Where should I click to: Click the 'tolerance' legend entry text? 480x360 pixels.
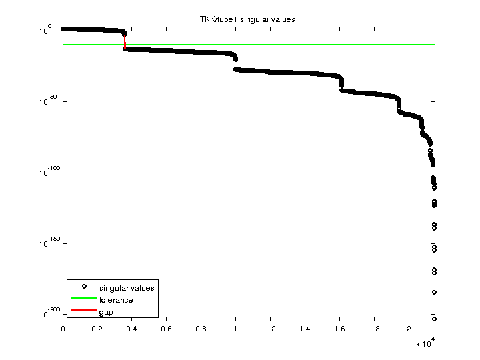[116, 300]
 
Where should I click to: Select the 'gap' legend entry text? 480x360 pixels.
[106, 312]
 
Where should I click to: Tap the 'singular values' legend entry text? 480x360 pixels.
[127, 288]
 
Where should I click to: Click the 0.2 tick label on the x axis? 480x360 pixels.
[97, 329]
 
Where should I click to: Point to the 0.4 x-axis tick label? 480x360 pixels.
[132, 329]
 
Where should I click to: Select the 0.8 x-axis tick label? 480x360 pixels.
[201, 329]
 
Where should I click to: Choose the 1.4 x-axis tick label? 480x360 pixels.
[305, 329]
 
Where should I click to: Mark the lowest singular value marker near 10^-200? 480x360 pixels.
[434, 319]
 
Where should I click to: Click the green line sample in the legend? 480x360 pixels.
[83, 300]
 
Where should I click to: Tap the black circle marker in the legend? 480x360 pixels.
[83, 287]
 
